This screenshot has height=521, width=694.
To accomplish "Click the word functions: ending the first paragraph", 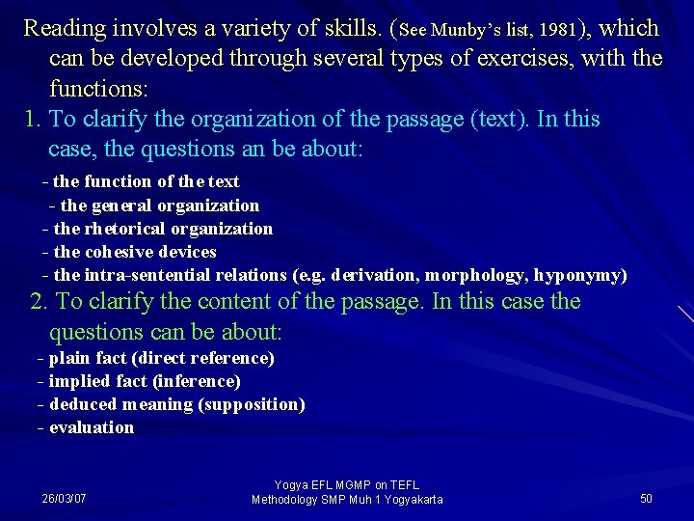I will tap(98, 89).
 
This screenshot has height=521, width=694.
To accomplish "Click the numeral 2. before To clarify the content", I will tap(40, 301).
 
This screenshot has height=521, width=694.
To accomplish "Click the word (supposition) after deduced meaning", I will tap(251, 404).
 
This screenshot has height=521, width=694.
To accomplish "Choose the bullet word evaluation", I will tap(92, 427).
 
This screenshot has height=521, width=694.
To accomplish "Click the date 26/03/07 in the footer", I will tap(65, 499).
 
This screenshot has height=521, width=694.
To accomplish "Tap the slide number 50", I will tap(646, 499).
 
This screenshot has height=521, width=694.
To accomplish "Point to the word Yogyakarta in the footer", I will tap(412, 500).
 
